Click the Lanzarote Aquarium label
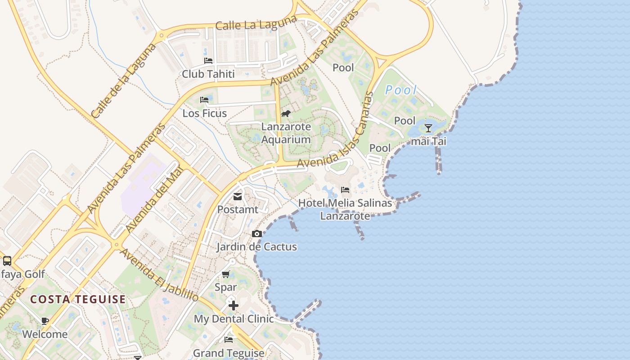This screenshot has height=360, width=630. [286, 133]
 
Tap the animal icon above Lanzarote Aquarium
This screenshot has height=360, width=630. [286, 113]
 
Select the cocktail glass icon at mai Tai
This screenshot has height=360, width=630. [428, 128]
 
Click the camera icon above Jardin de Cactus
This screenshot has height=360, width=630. [257, 234]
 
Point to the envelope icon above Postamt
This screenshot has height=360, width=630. [238, 197]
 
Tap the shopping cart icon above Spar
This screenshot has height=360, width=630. [226, 274]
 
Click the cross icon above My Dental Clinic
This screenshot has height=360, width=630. [234, 306]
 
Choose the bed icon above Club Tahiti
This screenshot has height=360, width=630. [208, 60]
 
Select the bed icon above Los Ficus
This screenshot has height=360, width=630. [204, 99]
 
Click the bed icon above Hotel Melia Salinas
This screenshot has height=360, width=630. [345, 190]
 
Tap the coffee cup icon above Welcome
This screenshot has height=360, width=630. [45, 321]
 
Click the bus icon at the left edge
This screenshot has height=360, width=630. [7, 261]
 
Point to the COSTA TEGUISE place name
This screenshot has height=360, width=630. [78, 299]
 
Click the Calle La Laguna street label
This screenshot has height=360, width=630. [256, 22]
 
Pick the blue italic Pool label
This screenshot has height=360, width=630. [401, 90]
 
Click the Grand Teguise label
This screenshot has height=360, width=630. [229, 353]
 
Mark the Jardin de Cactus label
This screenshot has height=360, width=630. [257, 247]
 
